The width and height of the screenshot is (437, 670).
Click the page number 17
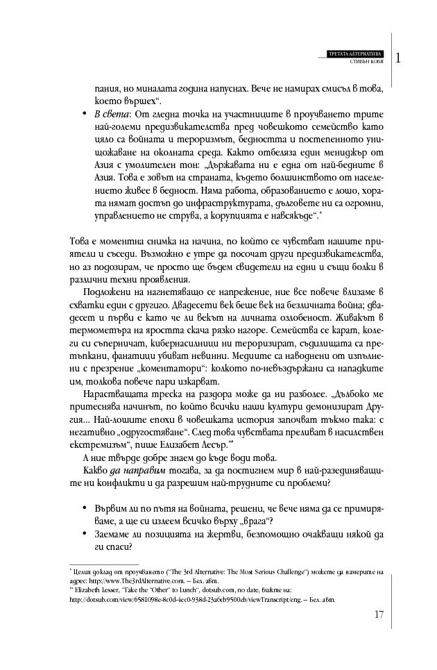[x=378, y=613]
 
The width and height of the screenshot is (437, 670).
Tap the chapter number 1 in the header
[x=399, y=58]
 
